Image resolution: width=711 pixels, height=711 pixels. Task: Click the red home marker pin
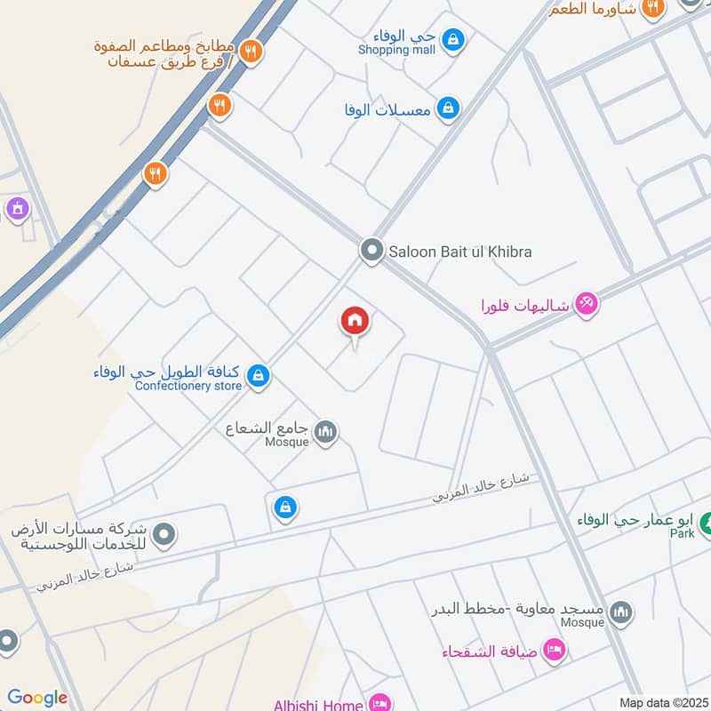point(355,322)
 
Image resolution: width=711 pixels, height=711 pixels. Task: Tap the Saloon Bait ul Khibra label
point(459,252)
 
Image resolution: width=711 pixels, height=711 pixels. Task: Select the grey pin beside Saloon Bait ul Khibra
point(371,251)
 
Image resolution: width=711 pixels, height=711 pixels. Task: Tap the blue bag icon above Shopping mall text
point(452,39)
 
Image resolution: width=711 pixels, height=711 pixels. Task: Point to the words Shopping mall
point(396,51)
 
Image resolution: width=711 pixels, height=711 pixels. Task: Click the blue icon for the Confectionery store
point(258,376)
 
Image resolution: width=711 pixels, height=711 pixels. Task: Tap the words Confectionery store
point(188,386)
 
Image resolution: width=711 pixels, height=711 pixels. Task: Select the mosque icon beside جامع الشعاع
point(326,432)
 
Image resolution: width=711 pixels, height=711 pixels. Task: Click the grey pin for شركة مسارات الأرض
point(163,535)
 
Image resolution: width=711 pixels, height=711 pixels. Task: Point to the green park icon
point(705,523)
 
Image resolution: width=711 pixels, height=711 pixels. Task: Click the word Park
point(682,533)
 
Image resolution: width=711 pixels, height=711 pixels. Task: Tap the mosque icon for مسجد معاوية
point(621,611)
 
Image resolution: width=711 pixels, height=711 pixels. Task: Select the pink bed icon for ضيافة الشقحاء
point(554,651)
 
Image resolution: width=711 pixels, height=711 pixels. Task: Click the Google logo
point(38,698)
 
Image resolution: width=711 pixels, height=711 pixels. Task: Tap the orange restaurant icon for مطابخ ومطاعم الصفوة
point(251,52)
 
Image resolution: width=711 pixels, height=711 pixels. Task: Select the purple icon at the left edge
point(16,210)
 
